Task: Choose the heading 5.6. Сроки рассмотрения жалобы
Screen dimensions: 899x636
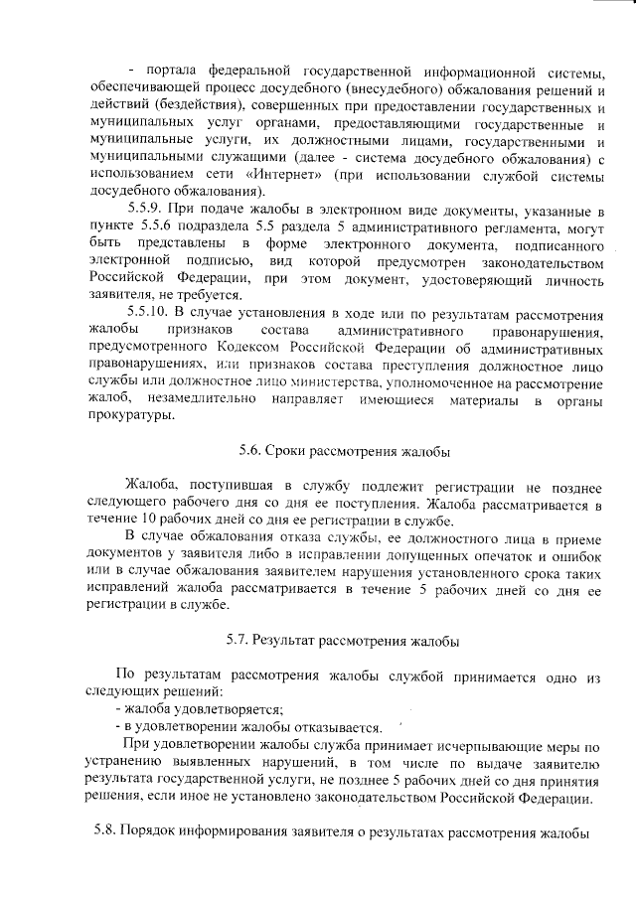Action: pos(345,450)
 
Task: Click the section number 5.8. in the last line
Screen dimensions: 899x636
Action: pos(103,830)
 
